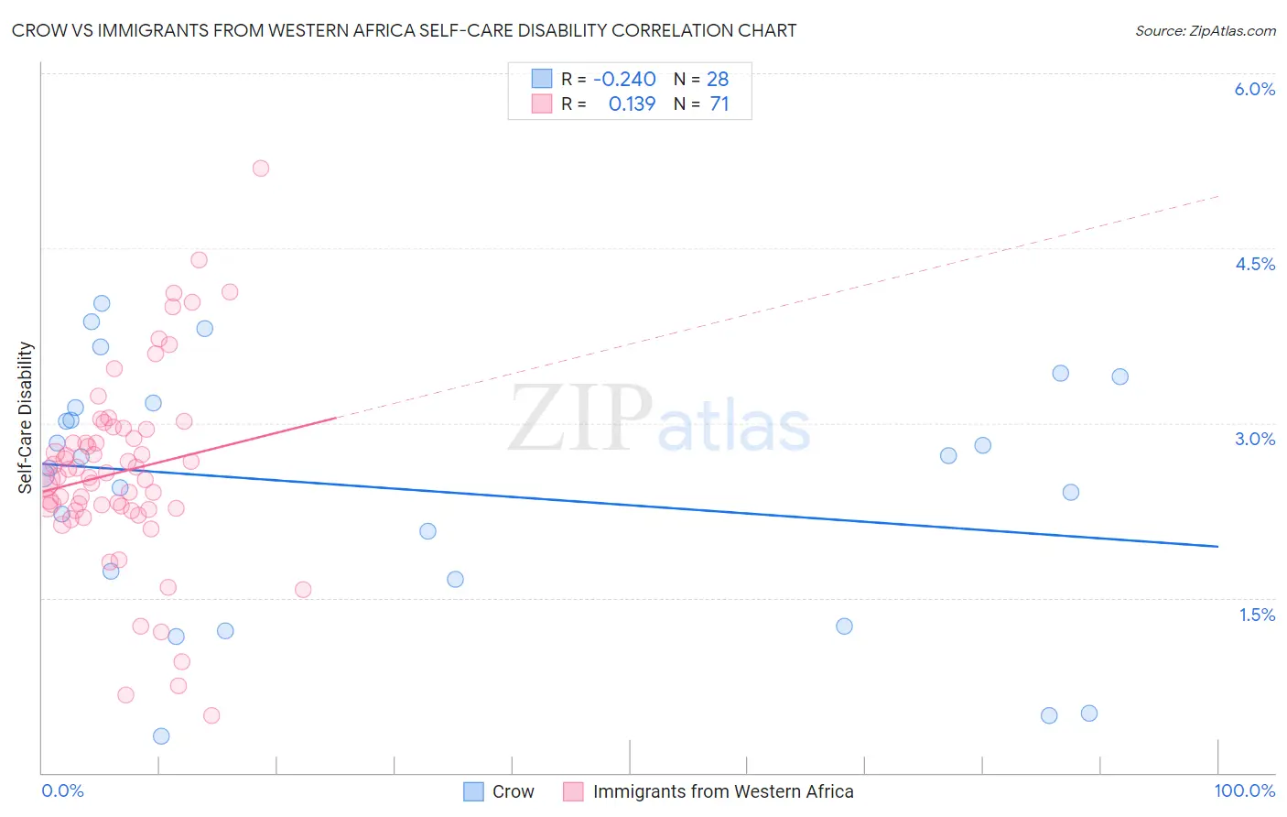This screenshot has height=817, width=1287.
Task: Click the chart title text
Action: (x=404, y=30)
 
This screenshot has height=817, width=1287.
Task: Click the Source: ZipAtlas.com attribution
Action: (x=1205, y=30)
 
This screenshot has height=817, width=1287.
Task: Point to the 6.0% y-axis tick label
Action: (x=1254, y=89)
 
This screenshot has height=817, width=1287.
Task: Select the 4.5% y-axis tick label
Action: (x=1254, y=264)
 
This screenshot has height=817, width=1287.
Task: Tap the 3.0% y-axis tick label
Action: (x=1254, y=439)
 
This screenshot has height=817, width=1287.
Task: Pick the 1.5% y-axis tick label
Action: (x=1257, y=615)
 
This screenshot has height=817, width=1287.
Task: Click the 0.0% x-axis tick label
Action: (x=62, y=790)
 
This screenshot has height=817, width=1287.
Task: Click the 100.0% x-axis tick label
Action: (x=1244, y=790)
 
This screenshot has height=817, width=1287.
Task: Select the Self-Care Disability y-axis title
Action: (x=26, y=418)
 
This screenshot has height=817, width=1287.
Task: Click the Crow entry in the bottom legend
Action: (x=513, y=791)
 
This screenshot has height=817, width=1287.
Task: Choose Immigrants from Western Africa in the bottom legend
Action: (x=722, y=791)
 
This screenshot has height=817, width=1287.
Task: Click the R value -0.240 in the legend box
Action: (x=624, y=79)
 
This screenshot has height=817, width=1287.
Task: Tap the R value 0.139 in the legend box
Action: (x=632, y=103)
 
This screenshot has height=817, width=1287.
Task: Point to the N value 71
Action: (x=719, y=103)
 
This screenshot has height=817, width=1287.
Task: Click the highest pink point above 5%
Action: (x=261, y=168)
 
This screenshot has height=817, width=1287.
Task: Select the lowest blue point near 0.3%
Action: (x=161, y=735)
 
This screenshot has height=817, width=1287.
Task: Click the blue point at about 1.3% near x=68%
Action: (x=844, y=626)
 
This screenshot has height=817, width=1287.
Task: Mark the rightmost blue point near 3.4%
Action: (x=1119, y=376)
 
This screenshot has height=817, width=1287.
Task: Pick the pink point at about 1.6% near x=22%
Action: (x=303, y=589)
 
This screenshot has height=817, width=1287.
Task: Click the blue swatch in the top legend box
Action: (x=542, y=79)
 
